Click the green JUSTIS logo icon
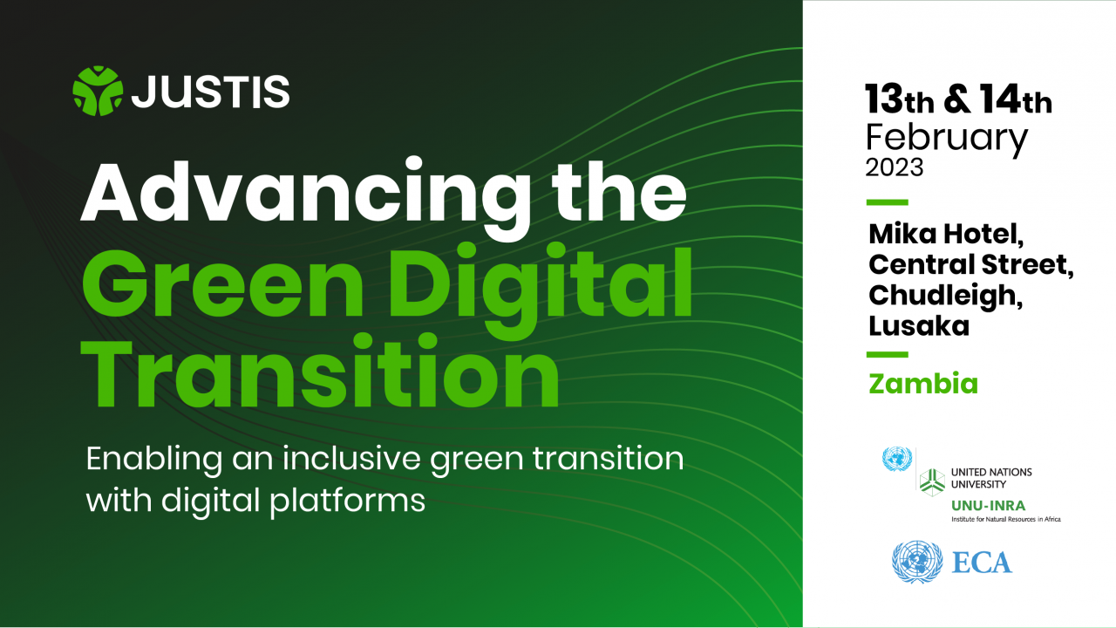(98, 91)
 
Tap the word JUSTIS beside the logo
(210, 92)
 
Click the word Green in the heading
(222, 283)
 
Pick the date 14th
(1016, 99)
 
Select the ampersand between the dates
(957, 99)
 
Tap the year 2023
(895, 167)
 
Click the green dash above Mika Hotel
(888, 202)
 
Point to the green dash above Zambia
(888, 355)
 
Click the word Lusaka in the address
(919, 326)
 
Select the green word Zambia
(923, 384)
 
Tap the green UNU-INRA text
(989, 506)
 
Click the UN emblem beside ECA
(917, 563)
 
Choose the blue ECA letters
(982, 563)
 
